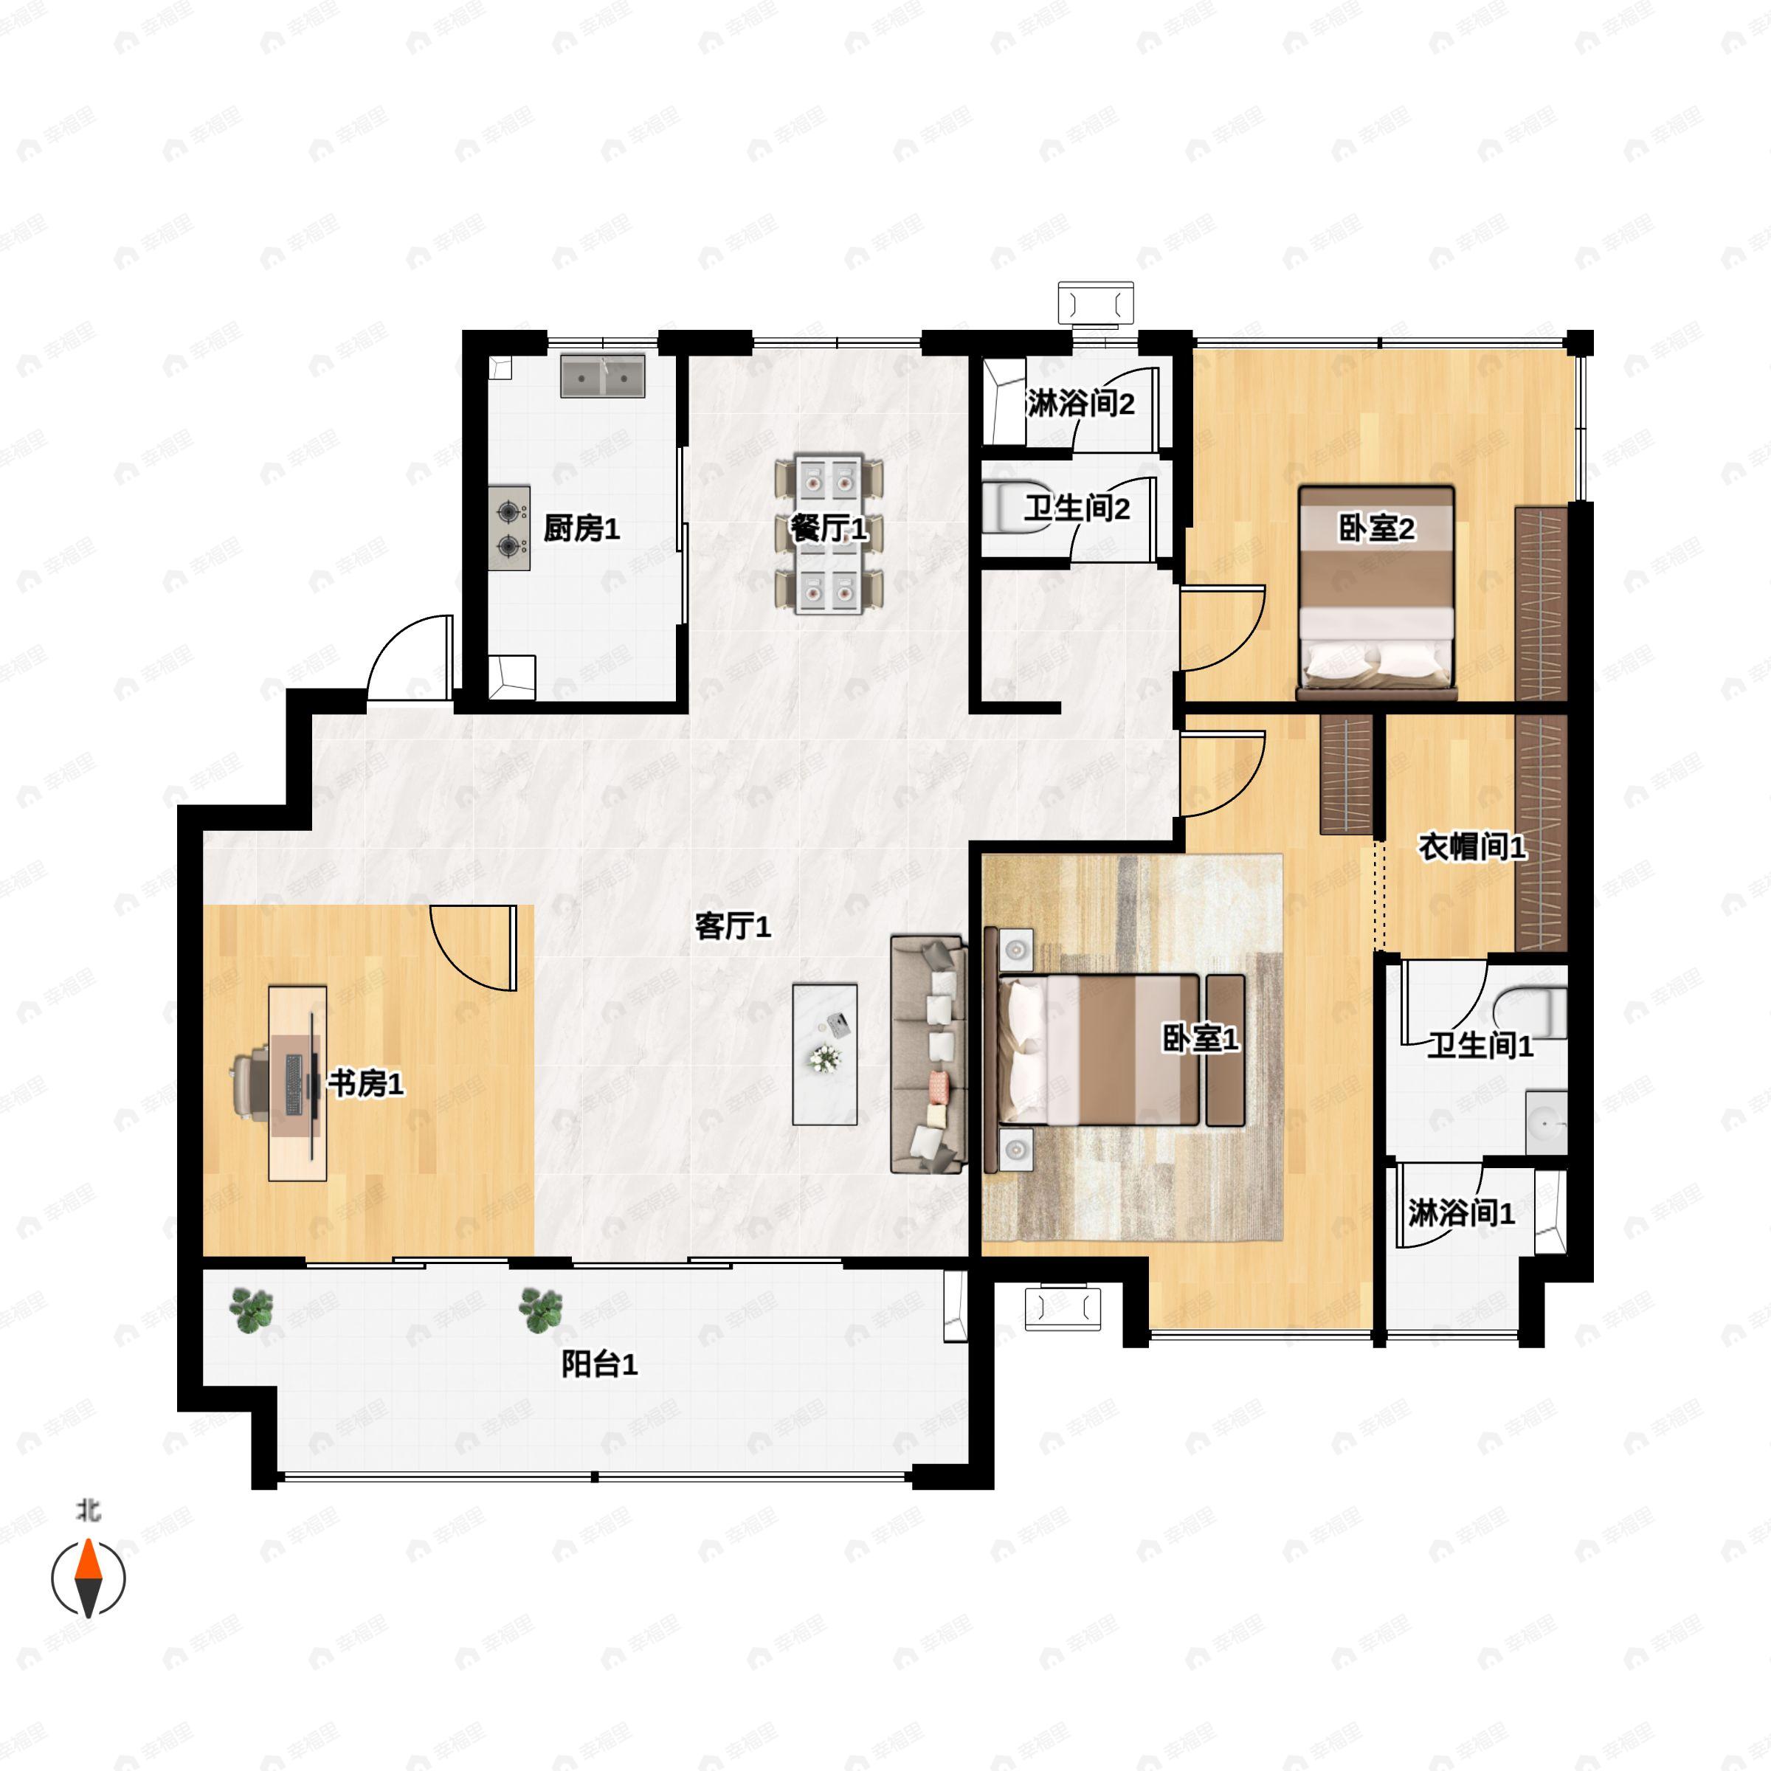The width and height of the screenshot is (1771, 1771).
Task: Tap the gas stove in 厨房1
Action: click(x=508, y=528)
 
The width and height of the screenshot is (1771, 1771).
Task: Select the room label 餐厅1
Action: click(x=828, y=529)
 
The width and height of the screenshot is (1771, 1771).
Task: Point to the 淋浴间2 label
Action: click(x=1081, y=404)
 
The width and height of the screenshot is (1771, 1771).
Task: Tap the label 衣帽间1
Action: click(x=1472, y=847)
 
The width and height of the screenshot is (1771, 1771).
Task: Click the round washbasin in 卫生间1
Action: click(x=1547, y=1122)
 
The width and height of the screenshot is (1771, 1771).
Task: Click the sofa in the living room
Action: click(x=928, y=1054)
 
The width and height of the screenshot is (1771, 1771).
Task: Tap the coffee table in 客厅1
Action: click(x=825, y=1054)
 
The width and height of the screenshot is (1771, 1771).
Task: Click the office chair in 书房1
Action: click(x=251, y=1083)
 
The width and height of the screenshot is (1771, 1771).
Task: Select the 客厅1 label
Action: click(x=733, y=926)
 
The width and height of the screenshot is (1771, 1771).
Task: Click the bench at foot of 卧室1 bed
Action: click(x=1225, y=1049)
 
